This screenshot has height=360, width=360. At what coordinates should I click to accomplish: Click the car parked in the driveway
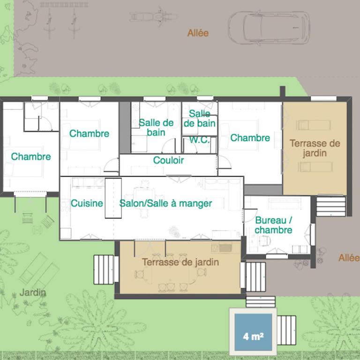click(x=269, y=28)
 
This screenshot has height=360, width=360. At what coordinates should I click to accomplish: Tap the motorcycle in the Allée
click(x=154, y=17)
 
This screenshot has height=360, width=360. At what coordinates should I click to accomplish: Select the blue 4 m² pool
click(x=253, y=332)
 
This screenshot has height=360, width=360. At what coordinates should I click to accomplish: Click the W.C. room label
click(x=199, y=140)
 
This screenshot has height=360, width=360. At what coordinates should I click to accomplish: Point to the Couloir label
click(x=168, y=160)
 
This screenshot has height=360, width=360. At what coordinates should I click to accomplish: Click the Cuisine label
click(x=87, y=203)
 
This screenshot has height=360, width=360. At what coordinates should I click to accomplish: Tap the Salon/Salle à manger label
click(x=165, y=203)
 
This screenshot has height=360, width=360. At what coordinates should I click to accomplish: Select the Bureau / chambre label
click(x=273, y=225)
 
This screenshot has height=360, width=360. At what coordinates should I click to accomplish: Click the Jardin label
click(x=33, y=292)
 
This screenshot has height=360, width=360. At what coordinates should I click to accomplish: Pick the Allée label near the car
click(x=198, y=33)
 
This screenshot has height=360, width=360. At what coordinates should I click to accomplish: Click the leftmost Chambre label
click(x=31, y=157)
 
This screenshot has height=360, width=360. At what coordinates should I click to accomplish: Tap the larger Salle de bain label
click(x=156, y=127)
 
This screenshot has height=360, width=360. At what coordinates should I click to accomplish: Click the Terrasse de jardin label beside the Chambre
click(x=315, y=148)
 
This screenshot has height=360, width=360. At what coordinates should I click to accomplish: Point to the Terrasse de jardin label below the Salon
click(x=180, y=262)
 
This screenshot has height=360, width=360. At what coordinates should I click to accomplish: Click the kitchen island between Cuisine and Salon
click(x=113, y=198)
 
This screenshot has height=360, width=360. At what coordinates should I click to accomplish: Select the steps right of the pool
click(x=286, y=330)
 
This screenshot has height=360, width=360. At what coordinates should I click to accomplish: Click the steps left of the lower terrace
click(x=104, y=270)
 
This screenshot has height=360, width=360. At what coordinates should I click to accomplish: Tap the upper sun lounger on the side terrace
click(x=314, y=125)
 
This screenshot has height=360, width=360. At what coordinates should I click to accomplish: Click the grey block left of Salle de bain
click(x=125, y=127)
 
